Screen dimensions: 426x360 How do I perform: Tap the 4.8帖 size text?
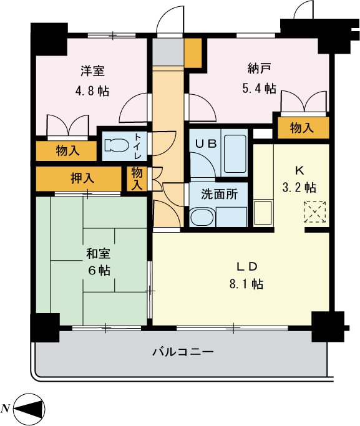pos(92,90)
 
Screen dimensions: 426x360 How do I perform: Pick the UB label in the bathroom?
pos(206,143)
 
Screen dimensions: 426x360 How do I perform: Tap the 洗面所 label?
pos(219,193)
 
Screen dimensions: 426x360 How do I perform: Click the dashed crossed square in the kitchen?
pos(315,212)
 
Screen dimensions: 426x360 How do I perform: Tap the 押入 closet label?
pos(82,178)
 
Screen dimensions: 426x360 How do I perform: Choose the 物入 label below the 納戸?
pos(302,128)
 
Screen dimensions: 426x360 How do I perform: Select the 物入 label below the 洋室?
pos(67,150)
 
